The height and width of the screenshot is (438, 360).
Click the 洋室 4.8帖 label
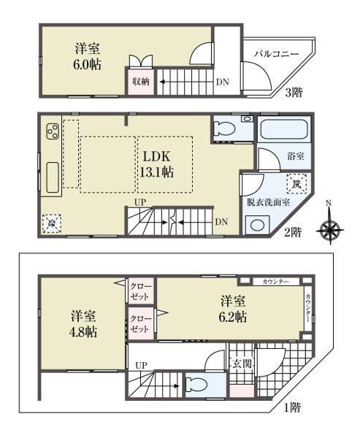pyautogui.click(x=85, y=323)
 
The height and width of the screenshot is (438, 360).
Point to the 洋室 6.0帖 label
pyautogui.click(x=88, y=56)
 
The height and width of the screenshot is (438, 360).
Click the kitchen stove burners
pyautogui.click(x=53, y=132)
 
